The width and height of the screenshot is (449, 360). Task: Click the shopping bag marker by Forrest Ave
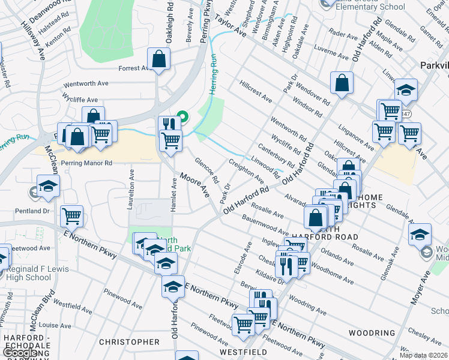pos(158,59)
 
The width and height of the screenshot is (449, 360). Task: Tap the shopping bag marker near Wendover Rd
pos(342,83)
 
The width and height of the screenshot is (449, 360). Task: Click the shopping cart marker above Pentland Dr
pos(72,216)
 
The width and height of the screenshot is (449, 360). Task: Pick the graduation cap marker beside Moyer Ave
pos(420,234)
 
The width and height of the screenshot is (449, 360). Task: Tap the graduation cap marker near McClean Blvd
pos(48,185)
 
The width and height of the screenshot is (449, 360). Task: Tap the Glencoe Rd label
pos(206,171)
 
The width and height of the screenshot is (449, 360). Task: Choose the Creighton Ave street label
pos(246,171)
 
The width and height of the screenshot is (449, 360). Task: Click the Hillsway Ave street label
pos(34,41)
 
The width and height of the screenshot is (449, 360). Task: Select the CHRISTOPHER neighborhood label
pos(129,342)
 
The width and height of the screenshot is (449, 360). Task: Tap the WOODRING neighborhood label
pos(372,332)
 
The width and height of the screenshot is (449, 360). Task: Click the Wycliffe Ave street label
pos(80,100)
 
